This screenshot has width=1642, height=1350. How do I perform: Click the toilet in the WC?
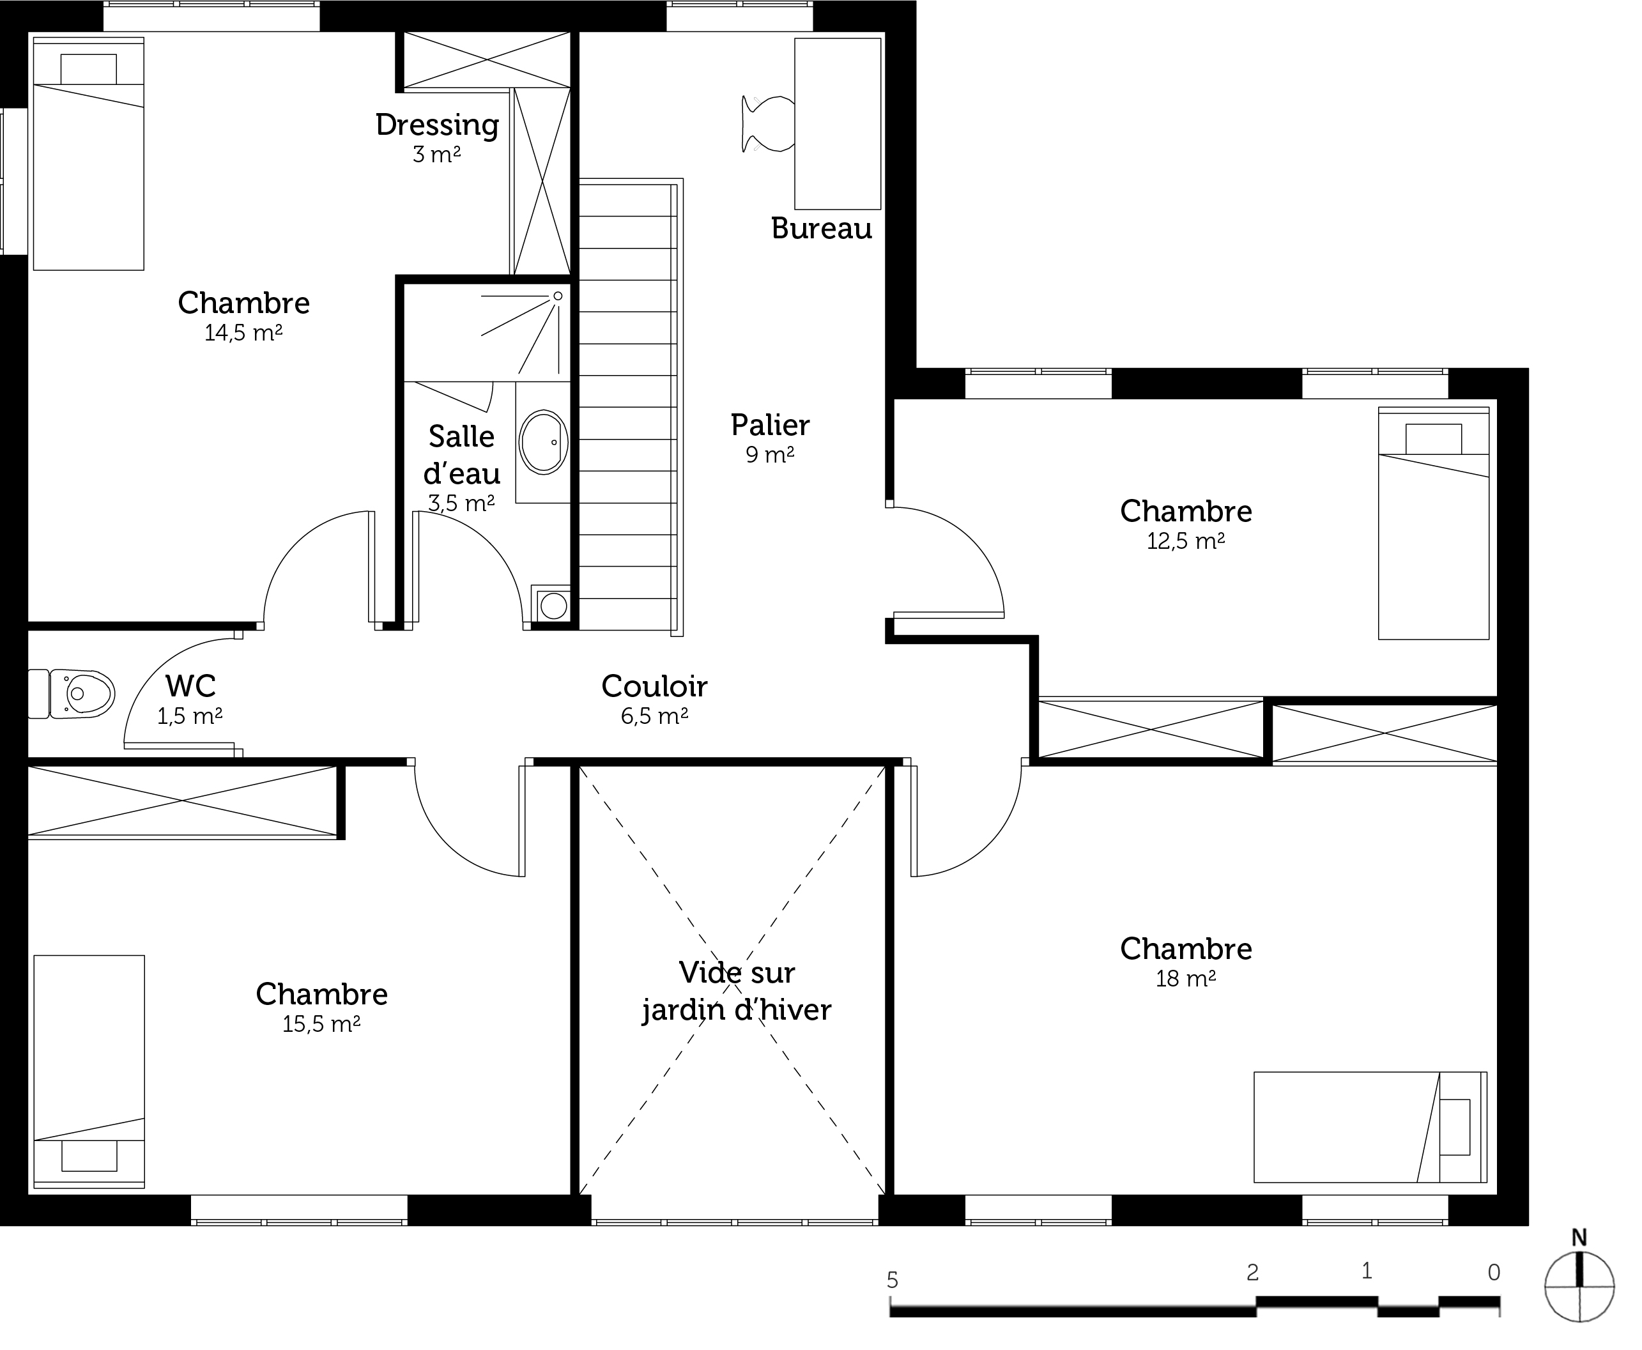click(x=72, y=693)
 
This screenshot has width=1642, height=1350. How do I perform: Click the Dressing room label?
click(x=437, y=125)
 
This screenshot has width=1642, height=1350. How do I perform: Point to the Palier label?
click(x=770, y=426)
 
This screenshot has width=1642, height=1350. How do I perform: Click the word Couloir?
click(x=655, y=687)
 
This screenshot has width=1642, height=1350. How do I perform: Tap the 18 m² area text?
click(x=1186, y=978)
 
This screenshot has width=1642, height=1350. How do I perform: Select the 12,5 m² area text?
click(x=1186, y=541)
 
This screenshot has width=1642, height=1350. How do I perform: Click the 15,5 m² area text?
click(x=321, y=1024)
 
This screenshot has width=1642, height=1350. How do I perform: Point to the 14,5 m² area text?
click(x=243, y=333)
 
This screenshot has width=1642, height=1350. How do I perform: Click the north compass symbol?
click(x=1579, y=1285)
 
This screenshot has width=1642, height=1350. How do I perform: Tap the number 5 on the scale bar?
click(x=893, y=1279)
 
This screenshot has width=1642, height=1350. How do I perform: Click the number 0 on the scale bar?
click(x=1494, y=1272)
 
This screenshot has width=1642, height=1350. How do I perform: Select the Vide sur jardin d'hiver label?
click(x=736, y=991)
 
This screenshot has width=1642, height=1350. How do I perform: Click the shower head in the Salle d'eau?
click(x=557, y=296)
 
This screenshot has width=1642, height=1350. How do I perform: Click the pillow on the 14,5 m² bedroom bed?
click(x=89, y=69)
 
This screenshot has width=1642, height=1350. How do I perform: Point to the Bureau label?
click(x=822, y=229)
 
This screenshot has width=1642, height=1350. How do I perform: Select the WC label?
click(x=190, y=686)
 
